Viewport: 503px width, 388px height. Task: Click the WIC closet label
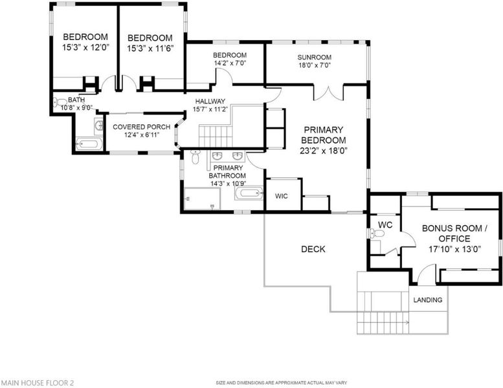point(282,196)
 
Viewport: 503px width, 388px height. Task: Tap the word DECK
point(313,249)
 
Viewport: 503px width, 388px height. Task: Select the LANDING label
point(428,300)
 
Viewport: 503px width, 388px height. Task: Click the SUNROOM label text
point(315,58)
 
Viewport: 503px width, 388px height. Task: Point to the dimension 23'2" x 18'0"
point(324,151)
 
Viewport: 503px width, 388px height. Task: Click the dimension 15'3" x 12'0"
point(86,47)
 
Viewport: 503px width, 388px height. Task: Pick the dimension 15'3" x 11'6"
point(150,48)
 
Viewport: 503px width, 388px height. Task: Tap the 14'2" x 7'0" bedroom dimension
point(230,63)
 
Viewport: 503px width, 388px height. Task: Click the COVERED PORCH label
point(142,127)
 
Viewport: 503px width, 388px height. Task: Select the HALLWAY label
point(210,102)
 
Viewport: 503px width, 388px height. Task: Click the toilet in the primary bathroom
point(195,156)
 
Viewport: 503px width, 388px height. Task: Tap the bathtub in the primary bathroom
point(249,193)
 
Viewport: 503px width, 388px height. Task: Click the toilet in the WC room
point(377,233)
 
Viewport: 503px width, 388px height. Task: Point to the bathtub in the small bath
point(89,144)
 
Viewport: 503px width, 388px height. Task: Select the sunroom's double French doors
point(328,92)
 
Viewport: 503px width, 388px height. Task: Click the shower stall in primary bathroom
point(203,199)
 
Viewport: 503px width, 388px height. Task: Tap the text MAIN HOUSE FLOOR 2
point(38,383)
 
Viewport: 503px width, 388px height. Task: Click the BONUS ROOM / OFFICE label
point(454,233)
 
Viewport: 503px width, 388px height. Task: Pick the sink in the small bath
point(99,126)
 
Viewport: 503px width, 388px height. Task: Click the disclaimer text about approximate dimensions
point(282,383)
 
